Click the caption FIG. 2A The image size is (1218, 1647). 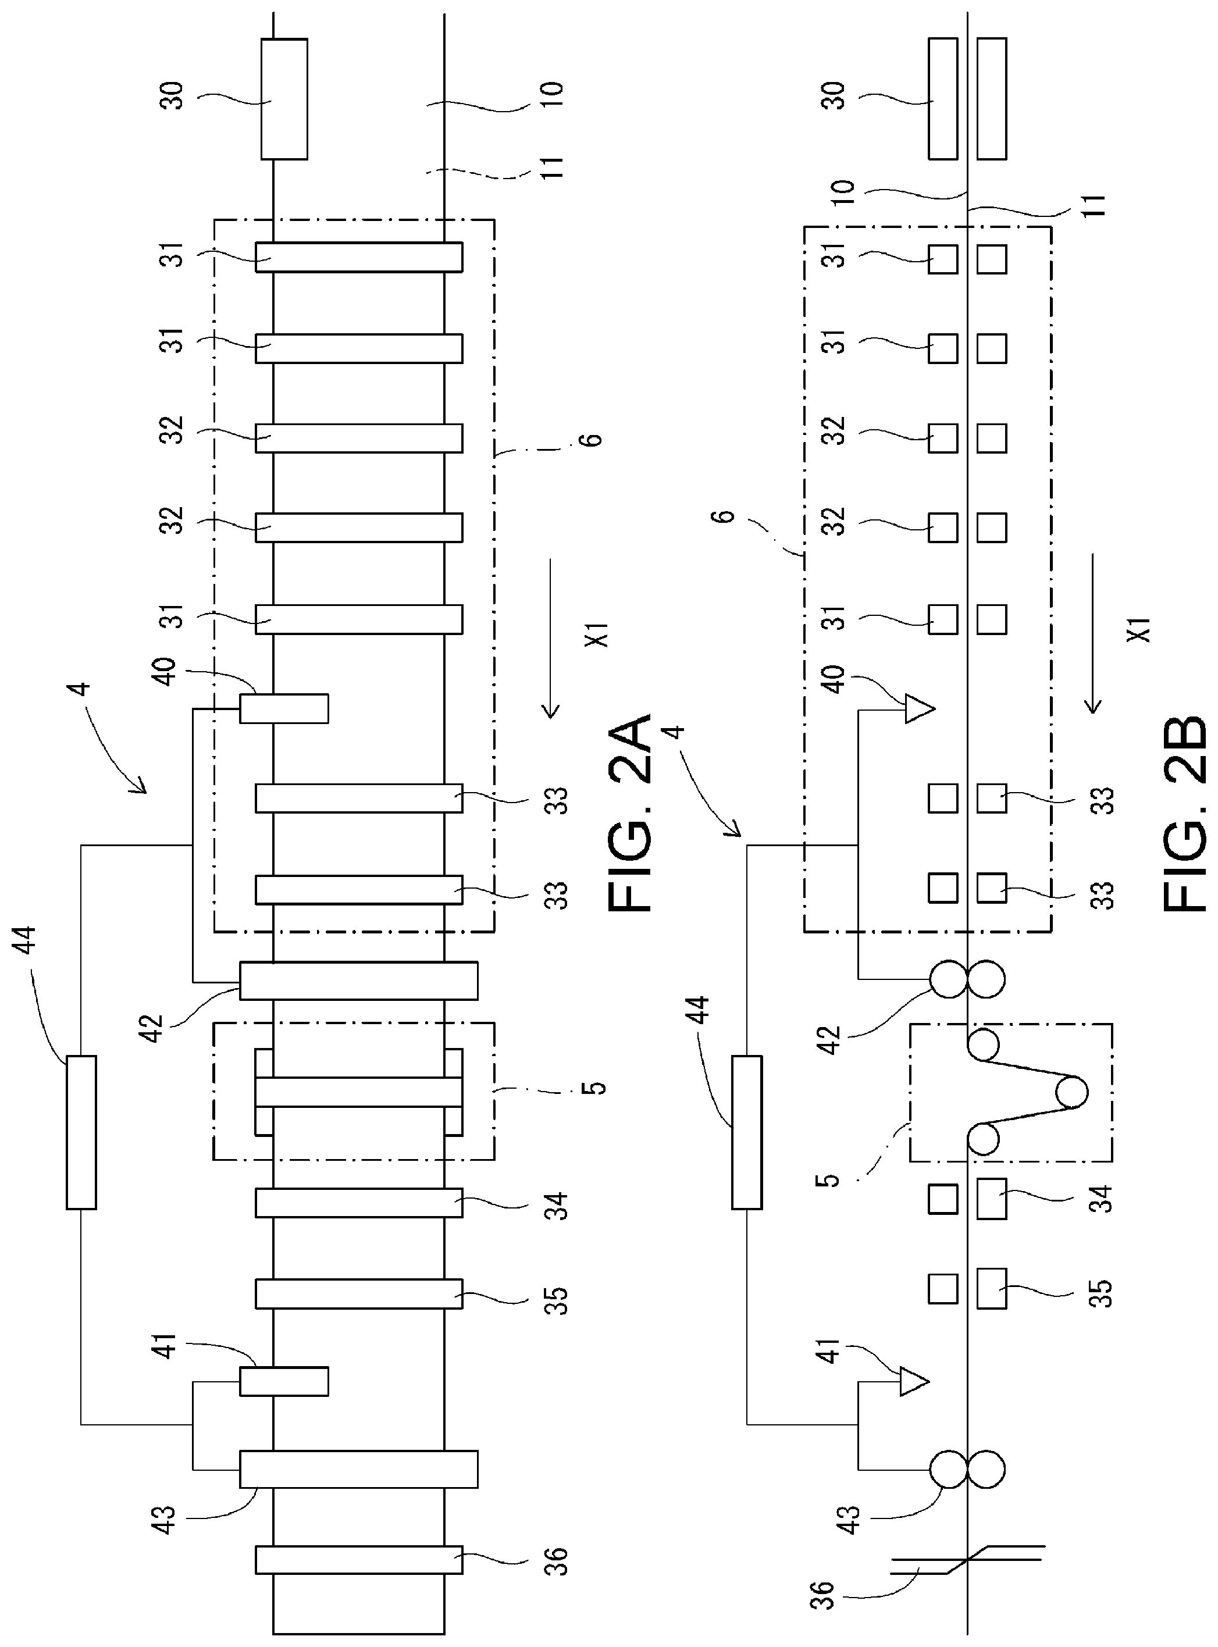pos(631,812)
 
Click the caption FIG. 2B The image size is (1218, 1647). pos(1186,812)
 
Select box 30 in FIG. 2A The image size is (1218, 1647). pos(284,99)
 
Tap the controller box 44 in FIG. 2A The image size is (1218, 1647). pos(81,1132)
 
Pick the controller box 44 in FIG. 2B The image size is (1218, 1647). pos(747,1132)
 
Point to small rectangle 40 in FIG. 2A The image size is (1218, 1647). pos(284,708)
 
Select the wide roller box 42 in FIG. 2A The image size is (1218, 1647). pos(359,981)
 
